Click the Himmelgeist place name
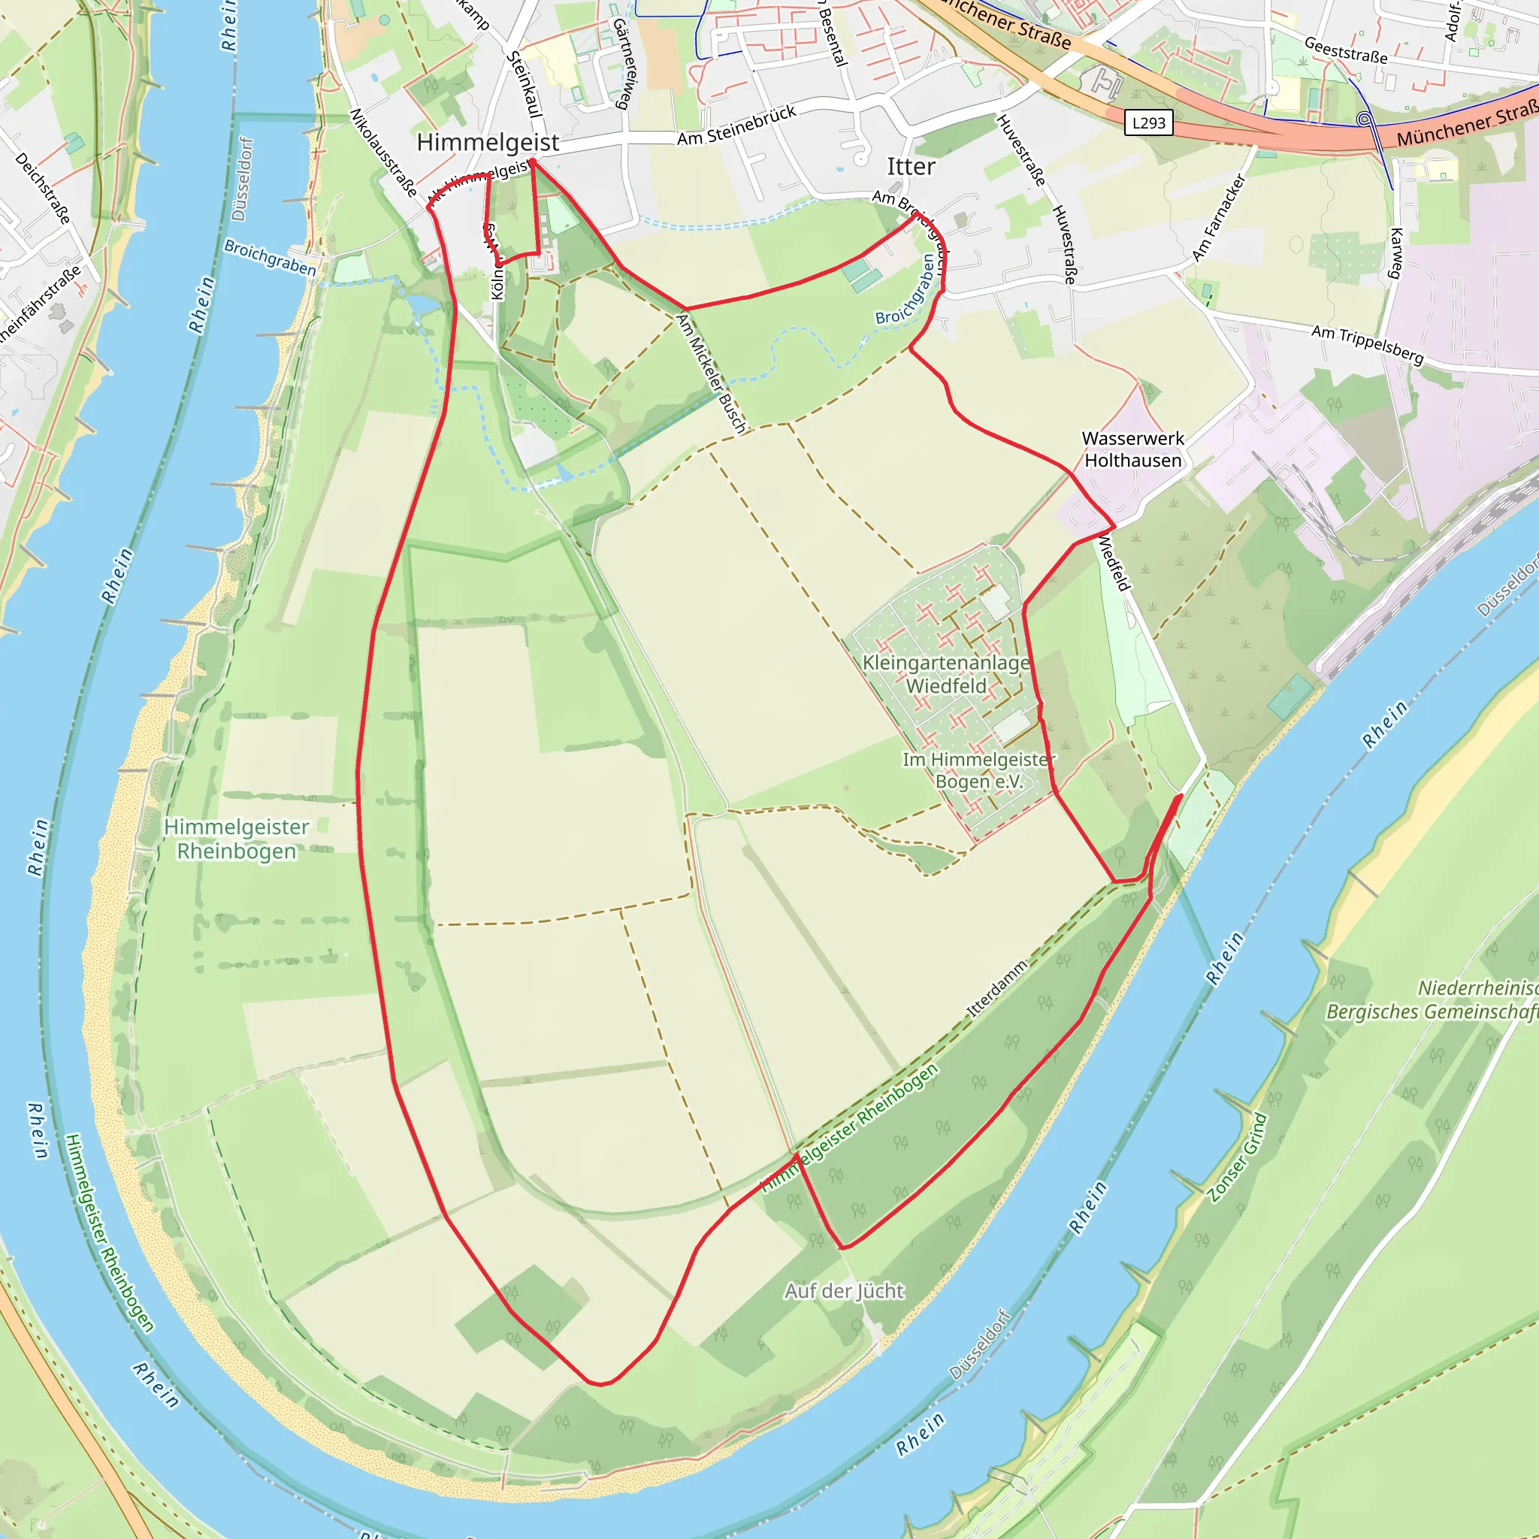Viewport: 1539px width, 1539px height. [488, 143]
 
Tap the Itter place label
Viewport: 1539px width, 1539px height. [911, 167]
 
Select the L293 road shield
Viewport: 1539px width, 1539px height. [1148, 122]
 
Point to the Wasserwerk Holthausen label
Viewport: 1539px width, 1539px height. [1132, 449]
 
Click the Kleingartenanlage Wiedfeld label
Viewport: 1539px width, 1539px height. [945, 674]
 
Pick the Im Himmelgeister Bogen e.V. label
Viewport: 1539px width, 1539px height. [978, 770]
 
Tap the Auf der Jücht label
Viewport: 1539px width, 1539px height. [844, 1290]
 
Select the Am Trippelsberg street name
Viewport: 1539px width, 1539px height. [1367, 344]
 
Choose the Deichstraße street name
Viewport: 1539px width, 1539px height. [43, 188]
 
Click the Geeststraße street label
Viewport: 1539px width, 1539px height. [1345, 50]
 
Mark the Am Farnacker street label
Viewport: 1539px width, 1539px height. [1218, 217]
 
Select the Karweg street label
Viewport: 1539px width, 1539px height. [1396, 252]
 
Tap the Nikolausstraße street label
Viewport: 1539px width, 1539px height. [383, 153]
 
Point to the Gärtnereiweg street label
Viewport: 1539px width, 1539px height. [625, 64]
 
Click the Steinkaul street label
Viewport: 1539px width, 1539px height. [525, 83]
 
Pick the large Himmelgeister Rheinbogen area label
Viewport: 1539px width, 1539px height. [236, 839]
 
